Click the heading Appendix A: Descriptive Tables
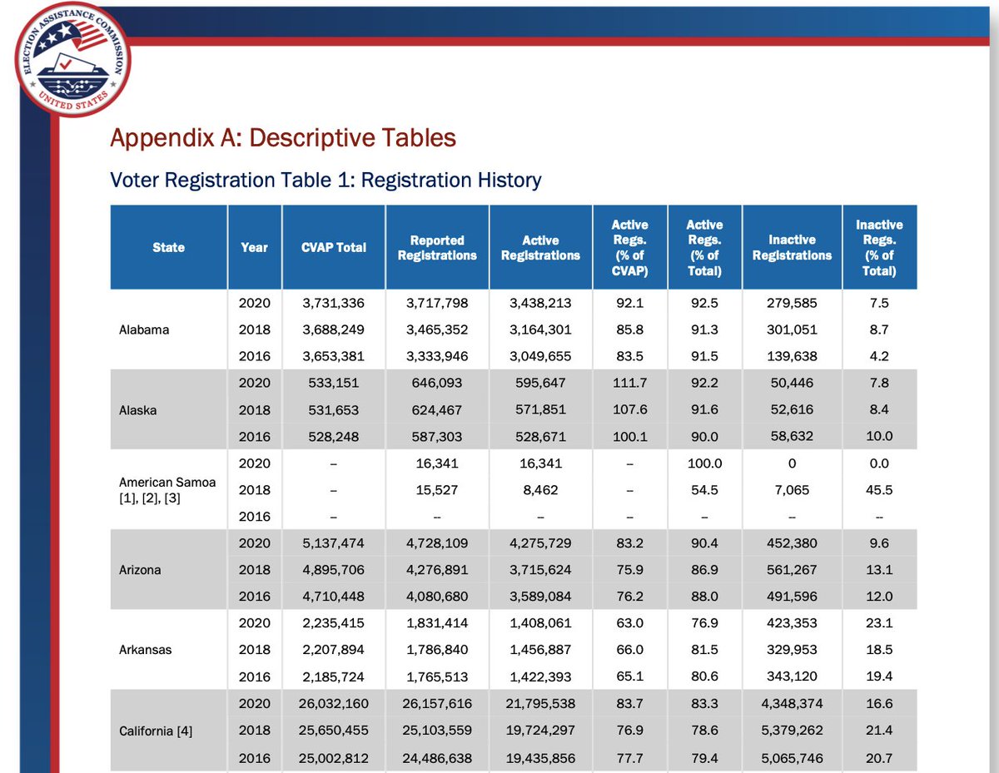(x=283, y=137)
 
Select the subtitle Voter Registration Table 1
(x=326, y=180)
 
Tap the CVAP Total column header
(x=334, y=247)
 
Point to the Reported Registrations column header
(x=437, y=247)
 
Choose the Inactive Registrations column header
(x=792, y=247)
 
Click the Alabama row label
(x=144, y=330)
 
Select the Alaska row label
(x=138, y=409)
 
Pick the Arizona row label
(x=140, y=570)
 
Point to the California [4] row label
(x=155, y=730)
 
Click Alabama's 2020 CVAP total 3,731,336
(x=333, y=303)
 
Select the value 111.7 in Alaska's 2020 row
(x=629, y=383)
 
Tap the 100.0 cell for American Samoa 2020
(x=704, y=463)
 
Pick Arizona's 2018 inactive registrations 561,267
(x=792, y=570)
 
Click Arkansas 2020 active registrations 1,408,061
(x=540, y=623)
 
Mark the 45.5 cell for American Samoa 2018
(x=879, y=490)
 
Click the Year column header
(x=255, y=247)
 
